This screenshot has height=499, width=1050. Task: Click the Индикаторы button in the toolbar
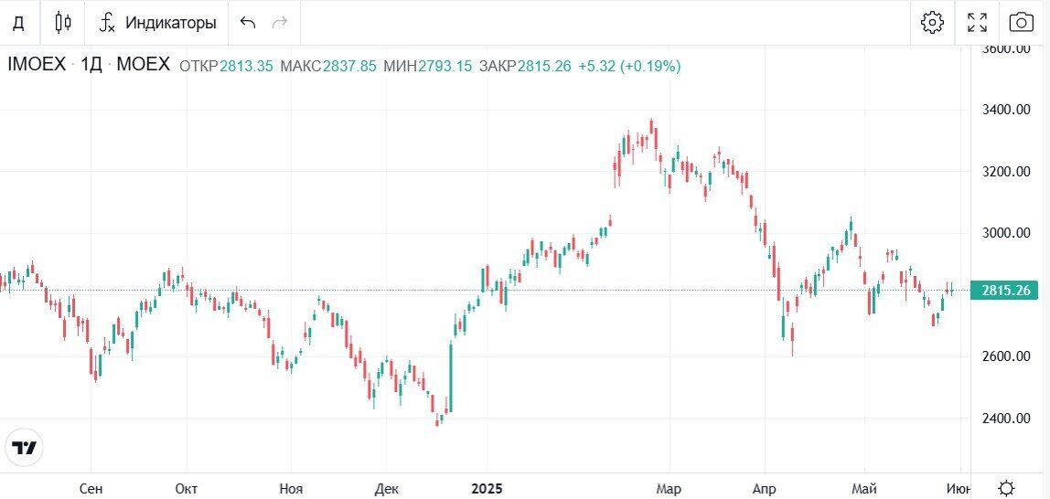coord(158,23)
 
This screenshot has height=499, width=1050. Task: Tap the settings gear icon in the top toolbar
coord(932,23)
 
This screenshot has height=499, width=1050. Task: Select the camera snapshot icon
coord(1021,23)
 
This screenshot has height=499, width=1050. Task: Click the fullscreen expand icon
coord(977,23)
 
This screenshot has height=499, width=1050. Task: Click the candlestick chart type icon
coord(63,23)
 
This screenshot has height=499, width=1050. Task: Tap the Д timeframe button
coord(18,23)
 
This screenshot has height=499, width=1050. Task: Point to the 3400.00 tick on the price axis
coord(1004,110)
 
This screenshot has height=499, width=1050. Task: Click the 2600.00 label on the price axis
coord(1004,356)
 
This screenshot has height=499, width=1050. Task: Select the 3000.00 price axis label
coord(1004,233)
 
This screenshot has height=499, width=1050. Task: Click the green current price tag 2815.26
coord(1005,291)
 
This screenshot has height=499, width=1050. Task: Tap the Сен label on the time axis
coord(91,489)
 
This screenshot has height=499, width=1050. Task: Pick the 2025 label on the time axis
coord(487,489)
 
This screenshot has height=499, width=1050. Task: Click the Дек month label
coord(387,489)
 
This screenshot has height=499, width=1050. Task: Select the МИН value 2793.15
coord(445,66)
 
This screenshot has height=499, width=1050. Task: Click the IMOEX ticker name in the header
coord(37,65)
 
